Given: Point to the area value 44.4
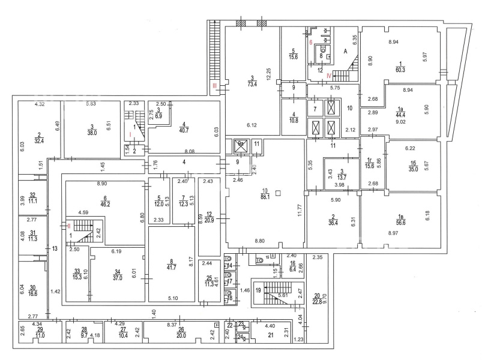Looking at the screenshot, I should (x=399, y=115).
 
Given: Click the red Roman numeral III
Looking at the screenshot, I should (x=214, y=87).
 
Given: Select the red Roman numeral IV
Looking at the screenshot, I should (x=330, y=76).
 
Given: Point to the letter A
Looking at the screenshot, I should (x=345, y=52).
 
